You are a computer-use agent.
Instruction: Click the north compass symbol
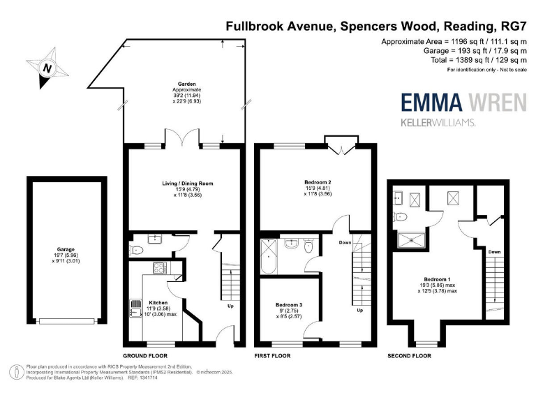pyautogui.click(x=47, y=68)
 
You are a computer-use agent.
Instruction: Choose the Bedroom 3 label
pyautogui.click(x=288, y=306)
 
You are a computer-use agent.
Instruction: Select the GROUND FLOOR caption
pyautogui.click(x=144, y=355)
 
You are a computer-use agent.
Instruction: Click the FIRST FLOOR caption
pyautogui.click(x=272, y=355)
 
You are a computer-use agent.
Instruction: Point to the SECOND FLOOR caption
pyautogui.click(x=409, y=355)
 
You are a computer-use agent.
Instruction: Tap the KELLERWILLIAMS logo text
pyautogui.click(x=438, y=123)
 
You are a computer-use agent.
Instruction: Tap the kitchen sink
pyautogui.click(x=134, y=308)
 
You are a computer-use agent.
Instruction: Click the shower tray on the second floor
pyautogui.click(x=411, y=239)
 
